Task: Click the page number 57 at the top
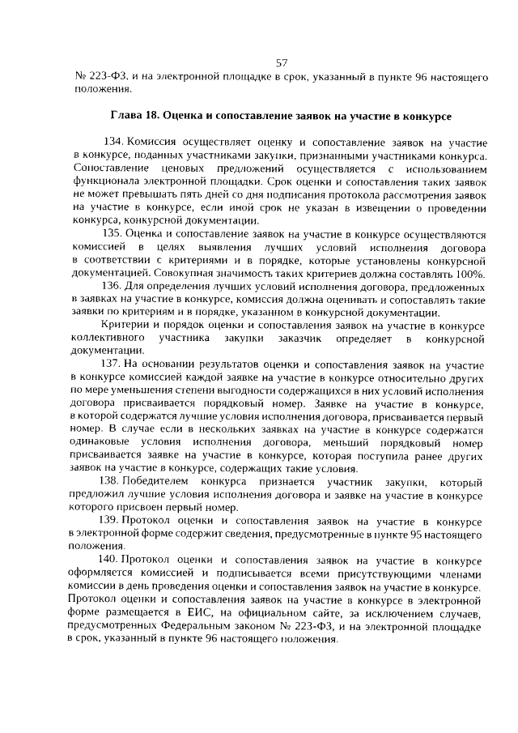(x=282, y=63)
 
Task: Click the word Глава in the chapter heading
(x=126, y=116)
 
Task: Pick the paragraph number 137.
(x=112, y=364)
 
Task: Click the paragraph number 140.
(x=110, y=560)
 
